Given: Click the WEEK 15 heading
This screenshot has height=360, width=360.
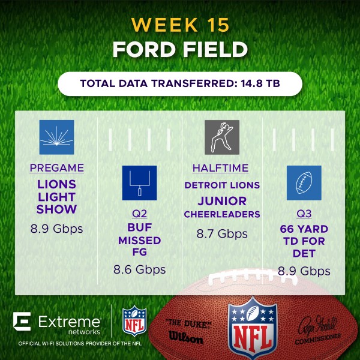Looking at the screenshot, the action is [180, 25].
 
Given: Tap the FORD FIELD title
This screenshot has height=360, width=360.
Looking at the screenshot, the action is [180, 49].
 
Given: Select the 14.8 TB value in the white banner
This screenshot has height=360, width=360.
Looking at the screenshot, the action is [260, 83].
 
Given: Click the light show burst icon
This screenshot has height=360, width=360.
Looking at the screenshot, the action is [57, 137].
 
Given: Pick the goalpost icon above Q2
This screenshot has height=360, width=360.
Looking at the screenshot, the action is [139, 183].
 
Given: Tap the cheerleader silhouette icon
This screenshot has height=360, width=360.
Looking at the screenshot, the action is [222, 137].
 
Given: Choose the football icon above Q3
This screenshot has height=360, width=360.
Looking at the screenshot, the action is [304, 183].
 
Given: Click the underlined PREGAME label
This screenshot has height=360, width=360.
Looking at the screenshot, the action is [57, 168].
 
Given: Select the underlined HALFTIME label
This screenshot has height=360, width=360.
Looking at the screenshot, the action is [220, 168].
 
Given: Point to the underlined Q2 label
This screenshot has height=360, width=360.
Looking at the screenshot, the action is [140, 214].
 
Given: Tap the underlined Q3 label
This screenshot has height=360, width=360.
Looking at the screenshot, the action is [304, 214].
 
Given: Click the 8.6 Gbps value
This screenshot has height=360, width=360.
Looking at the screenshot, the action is [140, 269].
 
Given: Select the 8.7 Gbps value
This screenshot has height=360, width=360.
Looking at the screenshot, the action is [222, 234].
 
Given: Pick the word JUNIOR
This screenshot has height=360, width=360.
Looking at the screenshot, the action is [222, 201].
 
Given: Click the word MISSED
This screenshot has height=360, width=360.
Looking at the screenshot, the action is [140, 241].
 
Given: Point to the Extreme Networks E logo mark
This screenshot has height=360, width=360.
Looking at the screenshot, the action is [22, 321].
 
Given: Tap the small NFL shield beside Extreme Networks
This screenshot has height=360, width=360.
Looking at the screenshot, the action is [134, 321].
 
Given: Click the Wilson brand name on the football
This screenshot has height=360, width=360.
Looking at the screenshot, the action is [186, 337].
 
